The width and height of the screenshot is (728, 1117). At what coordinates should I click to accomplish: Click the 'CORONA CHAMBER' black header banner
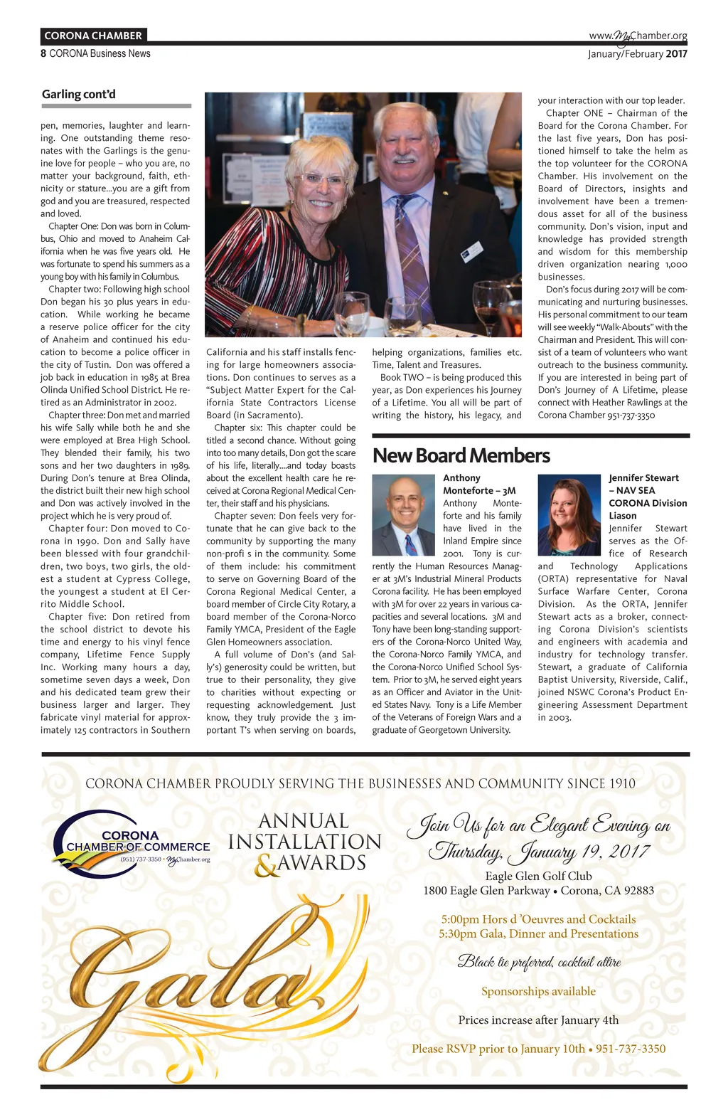(93, 36)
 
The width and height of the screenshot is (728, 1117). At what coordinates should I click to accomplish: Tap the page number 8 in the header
(43, 53)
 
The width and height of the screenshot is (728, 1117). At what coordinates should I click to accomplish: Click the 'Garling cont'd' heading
(78, 94)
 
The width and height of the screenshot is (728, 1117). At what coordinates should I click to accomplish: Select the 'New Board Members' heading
(461, 455)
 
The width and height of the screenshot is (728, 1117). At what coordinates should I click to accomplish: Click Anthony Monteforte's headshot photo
(403, 515)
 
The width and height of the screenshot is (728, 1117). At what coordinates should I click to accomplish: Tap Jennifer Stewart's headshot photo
(569, 514)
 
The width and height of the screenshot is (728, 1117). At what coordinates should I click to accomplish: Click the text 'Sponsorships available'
(538, 991)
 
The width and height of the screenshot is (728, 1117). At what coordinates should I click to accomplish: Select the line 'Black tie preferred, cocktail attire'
(539, 962)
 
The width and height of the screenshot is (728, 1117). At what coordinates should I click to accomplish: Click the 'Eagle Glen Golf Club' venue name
(538, 876)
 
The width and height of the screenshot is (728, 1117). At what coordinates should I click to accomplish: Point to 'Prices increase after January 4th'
(538, 1020)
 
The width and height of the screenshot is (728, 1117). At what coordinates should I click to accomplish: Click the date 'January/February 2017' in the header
(637, 54)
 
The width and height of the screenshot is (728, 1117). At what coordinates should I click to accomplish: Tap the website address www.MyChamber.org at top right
(638, 36)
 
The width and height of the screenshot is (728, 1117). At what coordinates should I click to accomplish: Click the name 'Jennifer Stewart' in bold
(643, 478)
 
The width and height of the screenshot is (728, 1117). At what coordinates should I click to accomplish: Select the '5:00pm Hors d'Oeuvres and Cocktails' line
(538, 919)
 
